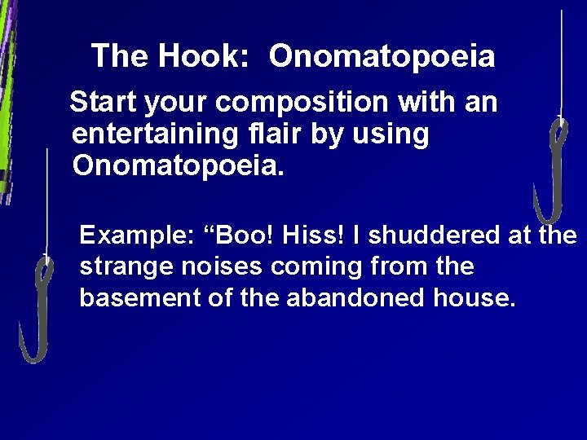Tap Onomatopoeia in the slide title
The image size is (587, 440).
pyautogui.click(x=382, y=56)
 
